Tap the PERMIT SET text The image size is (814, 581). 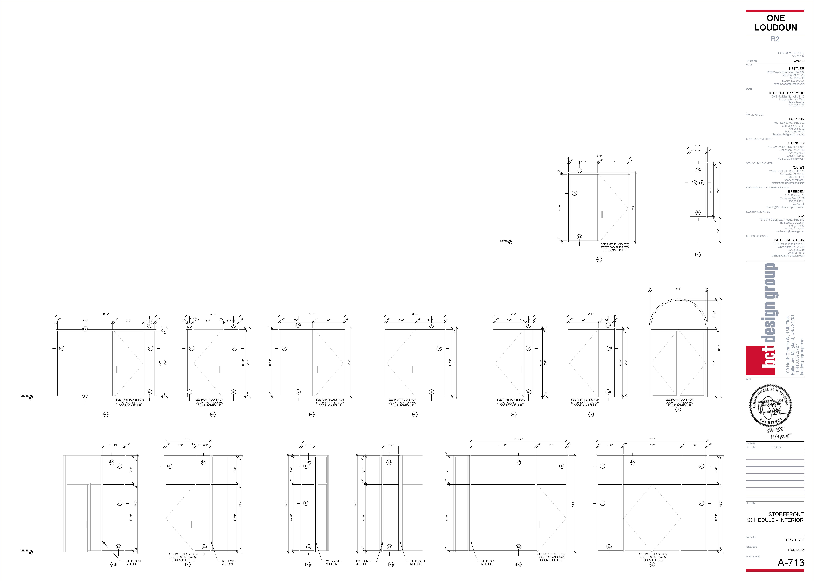794,540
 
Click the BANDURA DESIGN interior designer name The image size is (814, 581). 789,240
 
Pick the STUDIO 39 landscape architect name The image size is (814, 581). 795,143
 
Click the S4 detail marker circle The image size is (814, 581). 698,213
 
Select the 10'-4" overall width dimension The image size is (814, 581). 106,314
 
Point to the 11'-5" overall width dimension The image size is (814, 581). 652,439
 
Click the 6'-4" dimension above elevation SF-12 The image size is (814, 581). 599,156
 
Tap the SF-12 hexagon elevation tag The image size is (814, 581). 599,259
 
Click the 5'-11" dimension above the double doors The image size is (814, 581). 652,445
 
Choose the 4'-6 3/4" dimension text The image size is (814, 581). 188,439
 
